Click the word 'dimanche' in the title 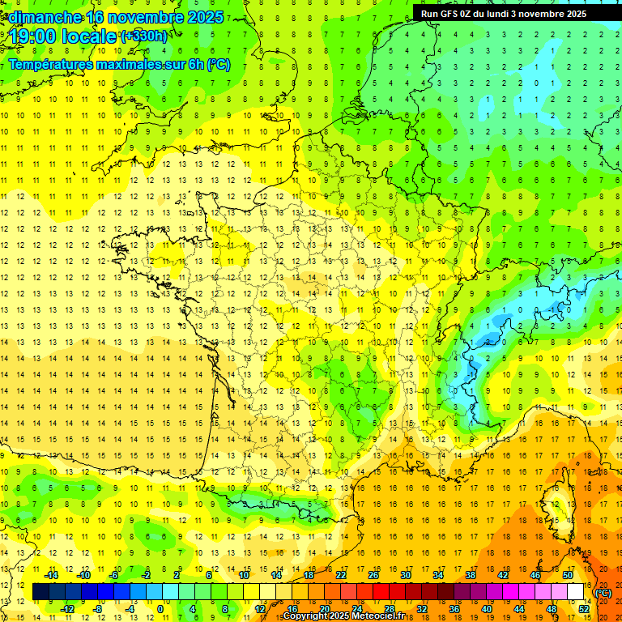45,17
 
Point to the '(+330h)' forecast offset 144,36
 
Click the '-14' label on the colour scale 51,575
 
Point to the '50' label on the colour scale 568,575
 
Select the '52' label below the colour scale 584,609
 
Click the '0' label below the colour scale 160,609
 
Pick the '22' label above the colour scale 341,575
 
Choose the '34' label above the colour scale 438,575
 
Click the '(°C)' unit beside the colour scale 603,592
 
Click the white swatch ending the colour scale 576,592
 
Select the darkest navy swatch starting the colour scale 40,592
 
